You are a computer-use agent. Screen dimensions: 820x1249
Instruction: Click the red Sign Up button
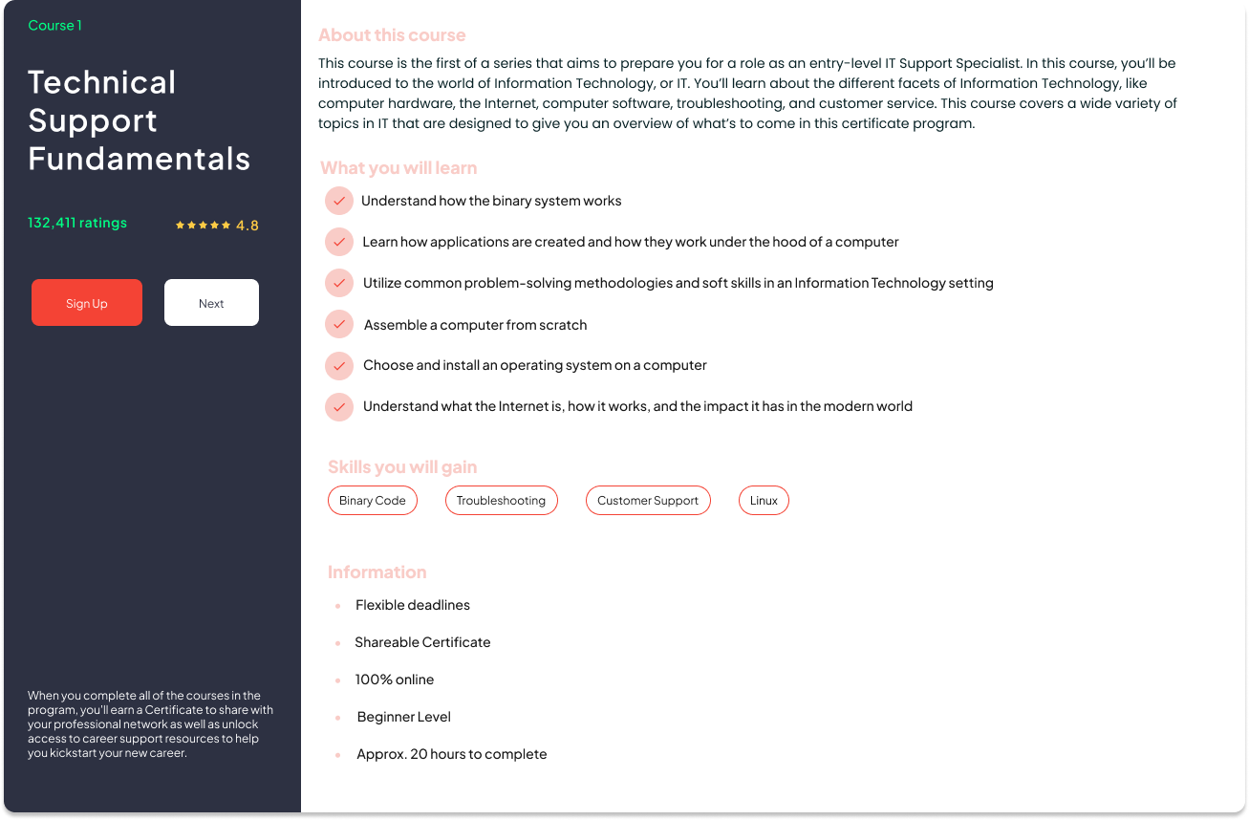coord(87,303)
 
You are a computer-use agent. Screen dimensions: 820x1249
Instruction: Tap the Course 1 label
coord(55,26)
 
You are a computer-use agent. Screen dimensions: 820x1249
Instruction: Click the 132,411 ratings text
coord(77,223)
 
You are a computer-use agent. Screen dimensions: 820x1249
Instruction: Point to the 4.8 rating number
coord(248,226)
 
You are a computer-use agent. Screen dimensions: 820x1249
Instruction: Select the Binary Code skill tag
coord(373,501)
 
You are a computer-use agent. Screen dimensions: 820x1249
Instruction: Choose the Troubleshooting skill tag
coord(501,501)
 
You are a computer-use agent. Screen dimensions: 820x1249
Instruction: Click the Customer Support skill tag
coord(648,501)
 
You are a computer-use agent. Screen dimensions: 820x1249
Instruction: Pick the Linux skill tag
coord(764,501)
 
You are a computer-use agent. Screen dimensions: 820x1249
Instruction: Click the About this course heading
coord(392,35)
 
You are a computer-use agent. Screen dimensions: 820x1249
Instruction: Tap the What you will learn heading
coord(398,168)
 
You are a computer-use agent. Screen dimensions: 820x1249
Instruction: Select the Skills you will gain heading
coord(402,467)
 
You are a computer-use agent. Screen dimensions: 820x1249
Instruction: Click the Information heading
coord(377,572)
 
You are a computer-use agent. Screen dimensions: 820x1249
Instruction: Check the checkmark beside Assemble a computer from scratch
coord(339,325)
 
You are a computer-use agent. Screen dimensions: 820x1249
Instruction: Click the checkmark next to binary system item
coord(339,202)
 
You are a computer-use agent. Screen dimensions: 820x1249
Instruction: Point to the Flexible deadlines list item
coord(413,605)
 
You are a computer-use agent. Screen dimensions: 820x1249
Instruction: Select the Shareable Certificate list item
coord(422,642)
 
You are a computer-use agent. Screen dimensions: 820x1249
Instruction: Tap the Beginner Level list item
coord(404,717)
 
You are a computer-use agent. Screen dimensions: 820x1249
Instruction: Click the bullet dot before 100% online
coord(338,680)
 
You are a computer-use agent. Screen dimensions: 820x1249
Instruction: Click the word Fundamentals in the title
coord(140,159)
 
